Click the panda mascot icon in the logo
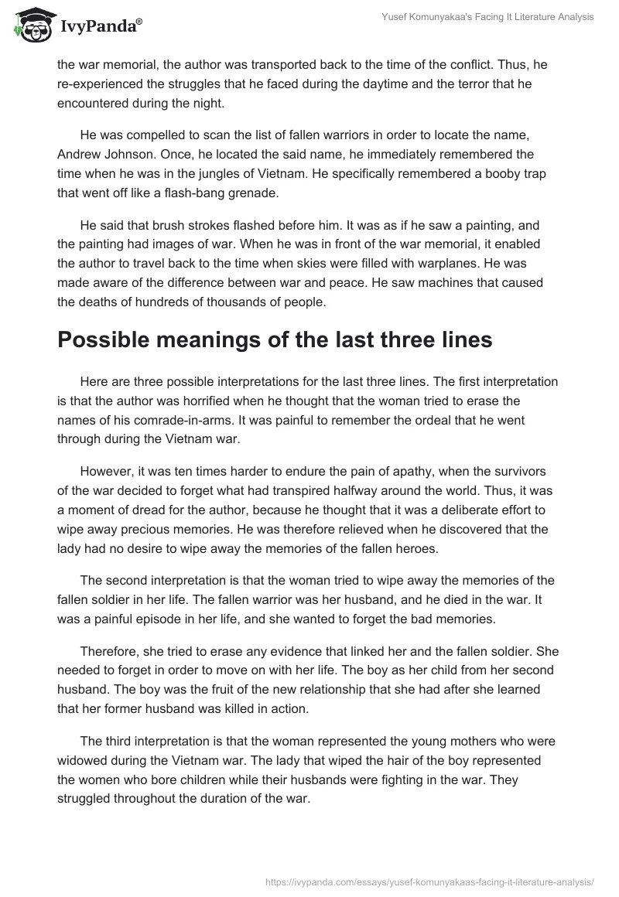point(29,26)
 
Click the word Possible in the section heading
point(106,341)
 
